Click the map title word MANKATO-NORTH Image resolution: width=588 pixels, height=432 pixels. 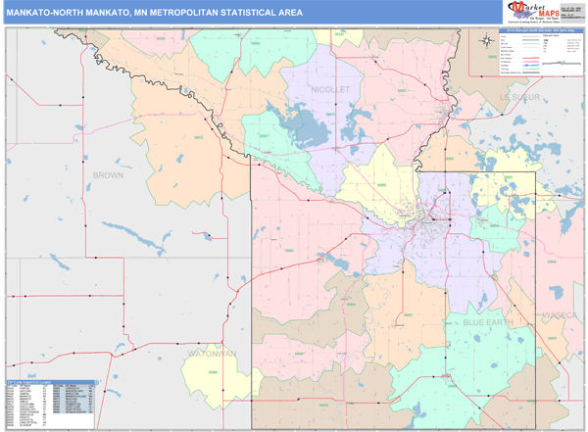[x=49, y=13]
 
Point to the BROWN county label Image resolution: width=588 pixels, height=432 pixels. [x=108, y=174]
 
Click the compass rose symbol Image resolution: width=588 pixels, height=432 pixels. [x=487, y=40]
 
